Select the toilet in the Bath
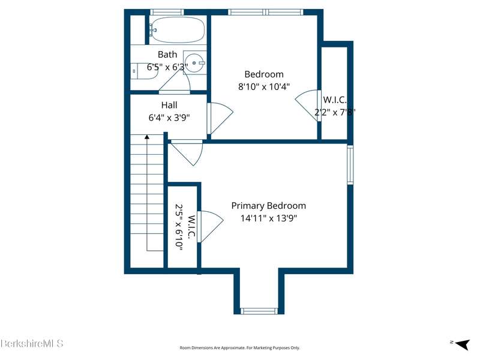(x=144, y=71)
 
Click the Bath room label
(x=167, y=55)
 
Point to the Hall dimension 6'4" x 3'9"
(x=169, y=118)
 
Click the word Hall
(x=169, y=105)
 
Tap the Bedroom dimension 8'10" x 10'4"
(x=264, y=86)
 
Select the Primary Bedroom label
(x=268, y=205)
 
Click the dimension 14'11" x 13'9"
(x=268, y=218)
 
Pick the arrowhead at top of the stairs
(x=147, y=137)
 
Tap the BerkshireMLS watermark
(x=32, y=343)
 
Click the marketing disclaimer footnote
(x=239, y=348)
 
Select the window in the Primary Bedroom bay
(x=259, y=311)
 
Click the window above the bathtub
(x=167, y=12)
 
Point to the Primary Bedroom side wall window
(x=350, y=164)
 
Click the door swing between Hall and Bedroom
(x=220, y=118)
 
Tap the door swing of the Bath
(x=175, y=82)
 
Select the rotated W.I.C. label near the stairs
(x=191, y=227)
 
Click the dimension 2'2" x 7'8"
(x=335, y=112)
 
